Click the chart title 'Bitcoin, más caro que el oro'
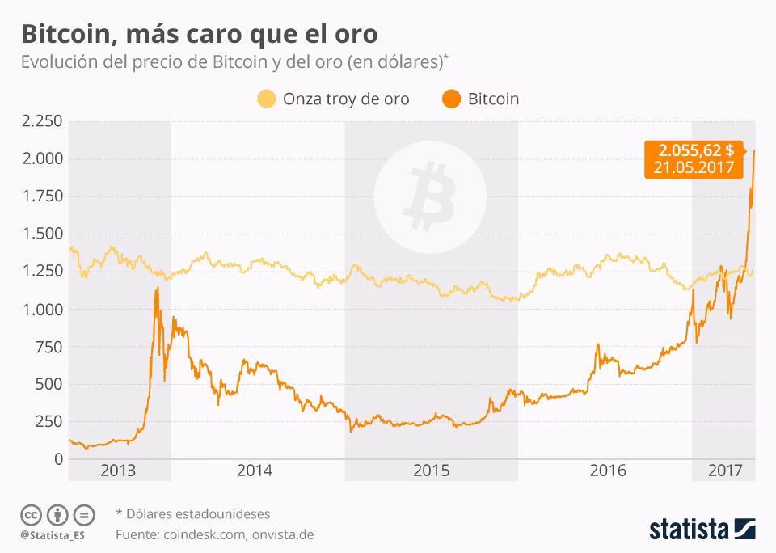click(x=199, y=34)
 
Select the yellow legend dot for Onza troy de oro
click(x=267, y=99)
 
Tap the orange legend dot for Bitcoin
click(x=451, y=99)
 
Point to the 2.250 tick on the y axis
click(x=41, y=121)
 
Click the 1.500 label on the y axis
click(x=41, y=234)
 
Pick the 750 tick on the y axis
click(x=48, y=347)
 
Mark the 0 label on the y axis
click(x=57, y=459)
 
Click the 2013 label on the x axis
click(x=119, y=470)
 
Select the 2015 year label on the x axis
click(x=431, y=470)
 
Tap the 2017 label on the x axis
click(x=724, y=470)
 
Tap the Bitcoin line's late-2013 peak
click(x=156, y=289)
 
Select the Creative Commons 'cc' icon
click(x=31, y=515)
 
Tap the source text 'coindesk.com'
click(x=206, y=534)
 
